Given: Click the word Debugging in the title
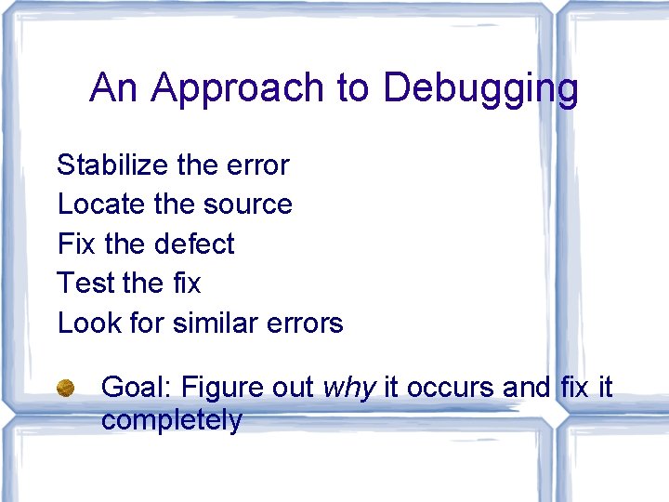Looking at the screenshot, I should pos(480,89).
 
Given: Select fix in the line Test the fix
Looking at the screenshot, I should pos(183,283).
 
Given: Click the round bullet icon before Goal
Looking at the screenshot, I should pos(65,388).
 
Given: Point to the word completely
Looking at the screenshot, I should pos(171,420).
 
